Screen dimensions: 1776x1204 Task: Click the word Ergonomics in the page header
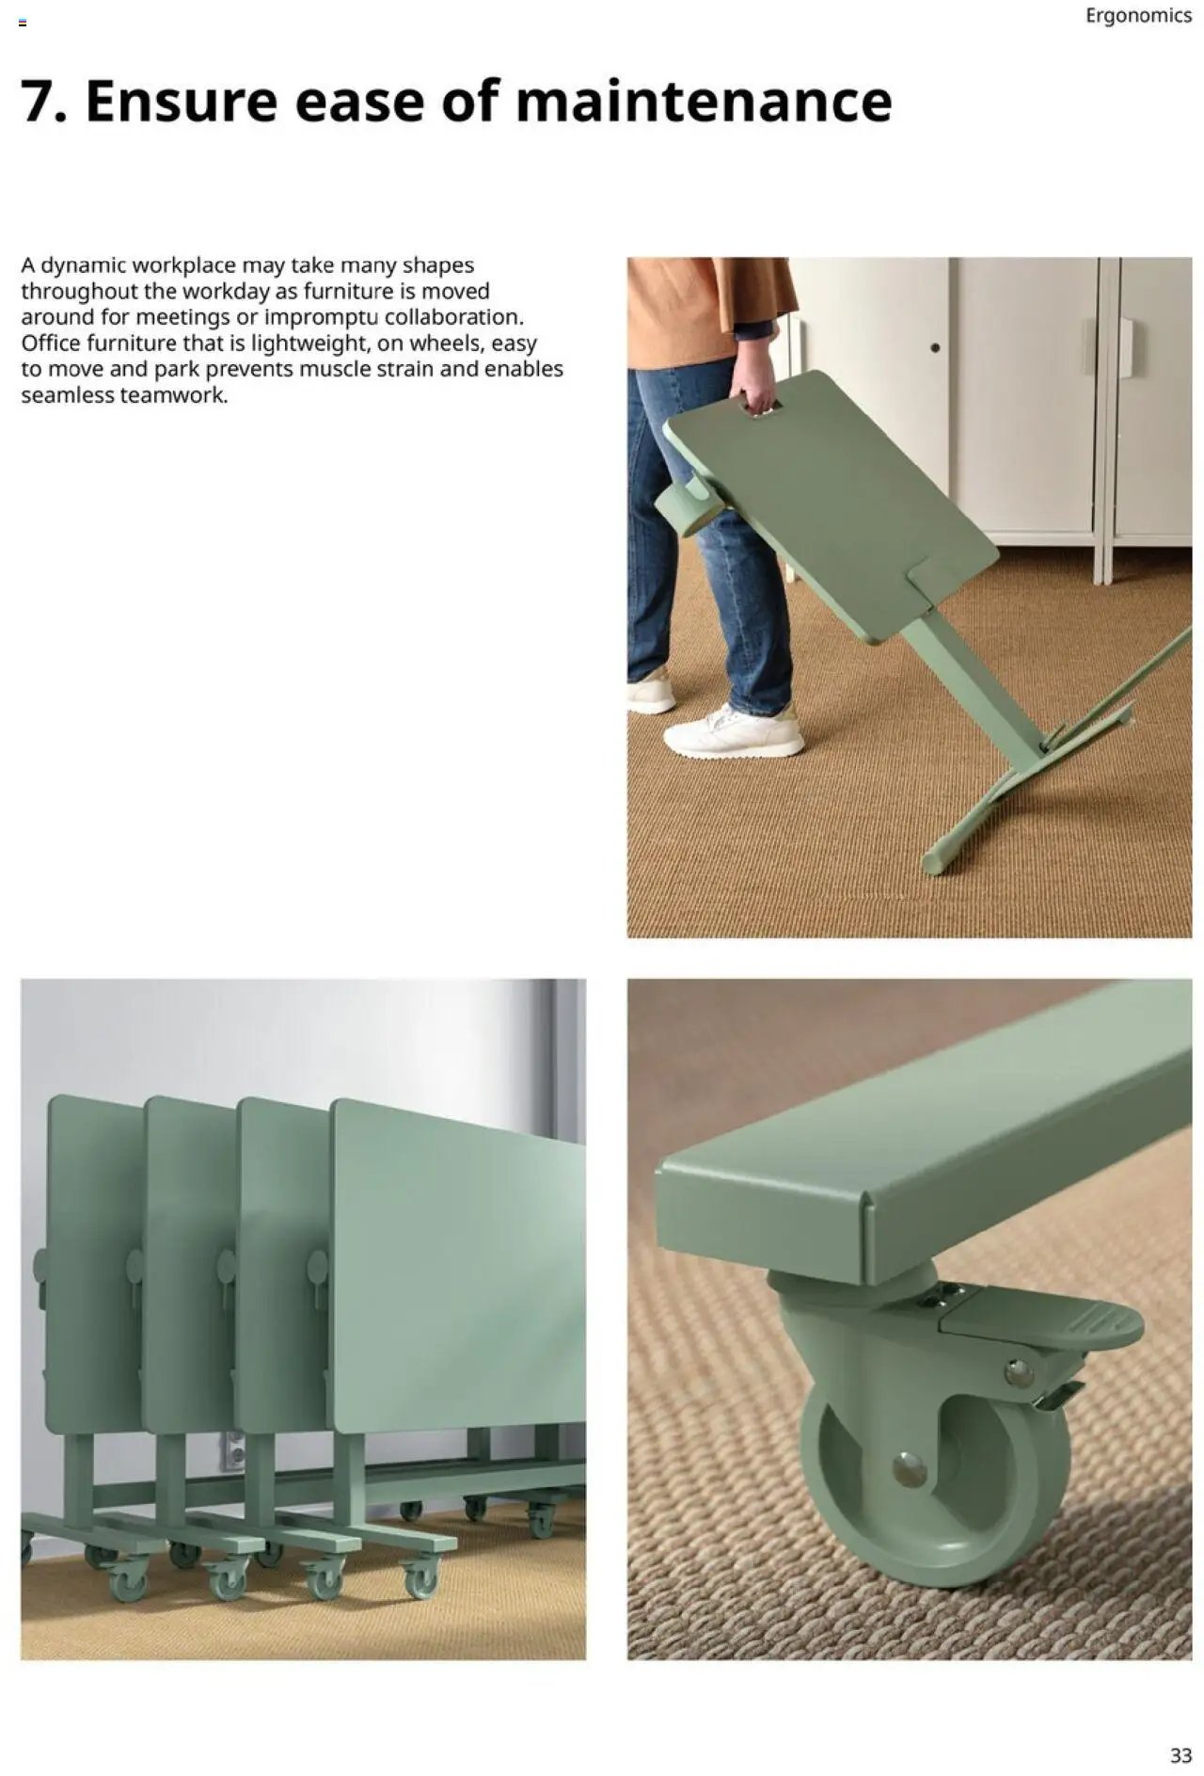pyautogui.click(x=1138, y=16)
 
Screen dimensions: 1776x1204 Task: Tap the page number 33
pyautogui.click(x=1180, y=1754)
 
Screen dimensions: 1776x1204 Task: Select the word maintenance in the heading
pyautogui.click(x=704, y=102)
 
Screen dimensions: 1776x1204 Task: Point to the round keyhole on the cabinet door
pyautogui.click(x=935, y=347)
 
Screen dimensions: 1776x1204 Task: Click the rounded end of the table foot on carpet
pyautogui.click(x=933, y=861)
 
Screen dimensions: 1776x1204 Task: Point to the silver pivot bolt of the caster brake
pyautogui.click(x=1018, y=1373)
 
